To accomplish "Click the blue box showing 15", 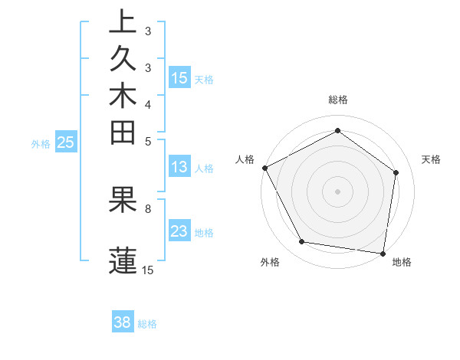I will pos(179,77).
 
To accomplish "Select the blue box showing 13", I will pos(179,168).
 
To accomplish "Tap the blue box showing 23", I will pos(179,232).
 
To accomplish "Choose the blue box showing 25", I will pos(66,142).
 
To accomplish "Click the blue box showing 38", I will pos(123,322).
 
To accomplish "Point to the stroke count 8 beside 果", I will pos(148,208).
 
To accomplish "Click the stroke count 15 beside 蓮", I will pos(148,270).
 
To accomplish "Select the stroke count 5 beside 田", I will pos(148,140).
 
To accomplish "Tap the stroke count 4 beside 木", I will pos(148,103).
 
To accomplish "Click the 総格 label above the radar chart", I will pos(338,100).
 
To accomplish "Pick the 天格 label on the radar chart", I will pos(431,159).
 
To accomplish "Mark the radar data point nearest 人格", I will pos(265,168).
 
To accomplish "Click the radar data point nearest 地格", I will pos(383,253).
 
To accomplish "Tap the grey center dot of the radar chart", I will pos(338,191).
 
